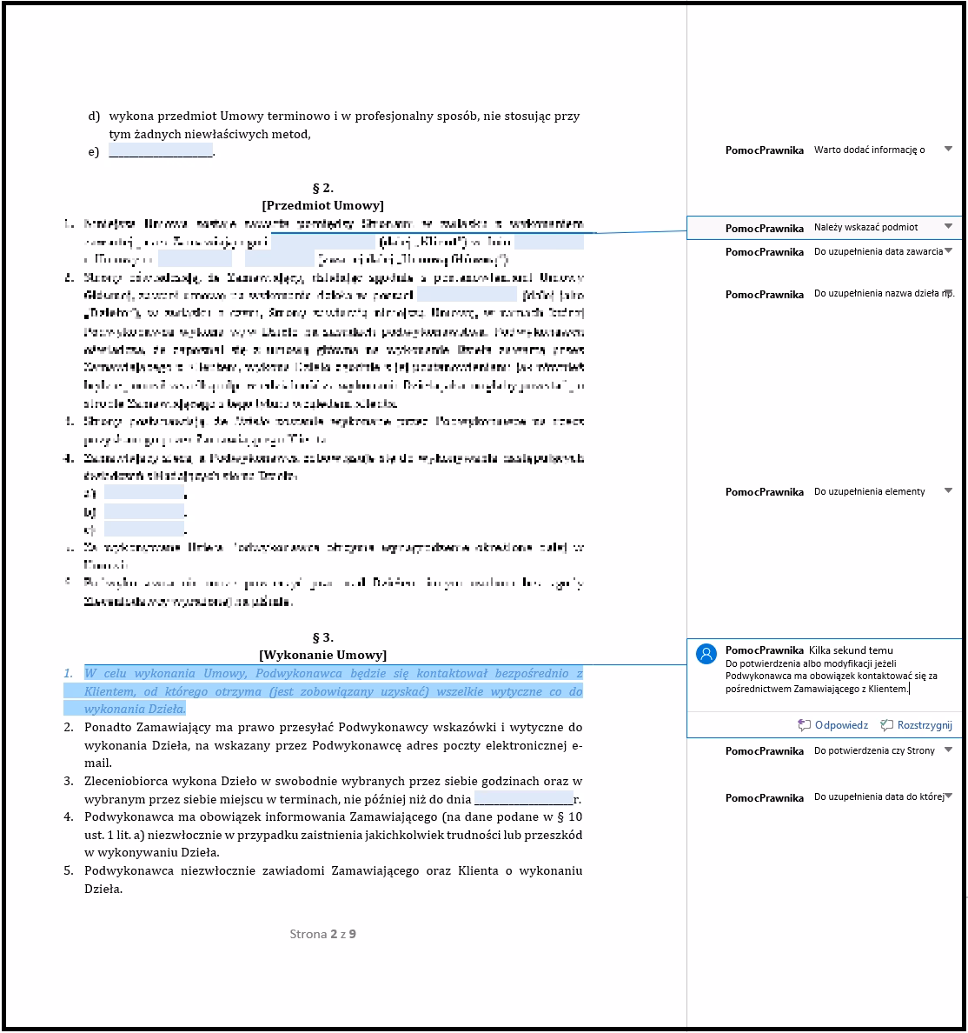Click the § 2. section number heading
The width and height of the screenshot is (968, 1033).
point(322,188)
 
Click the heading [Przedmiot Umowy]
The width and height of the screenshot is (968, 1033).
point(322,205)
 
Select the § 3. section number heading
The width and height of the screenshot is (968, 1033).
point(322,637)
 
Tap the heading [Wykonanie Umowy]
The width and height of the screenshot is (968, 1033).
point(322,655)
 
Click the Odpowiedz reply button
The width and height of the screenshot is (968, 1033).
point(833,725)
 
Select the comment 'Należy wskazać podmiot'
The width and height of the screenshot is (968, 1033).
point(865,227)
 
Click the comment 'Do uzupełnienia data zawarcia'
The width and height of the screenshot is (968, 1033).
point(878,251)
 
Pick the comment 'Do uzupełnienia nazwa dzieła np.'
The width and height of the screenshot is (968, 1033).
point(884,294)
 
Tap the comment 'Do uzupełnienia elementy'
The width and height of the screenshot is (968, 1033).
point(869,491)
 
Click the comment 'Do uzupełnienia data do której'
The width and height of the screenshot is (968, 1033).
point(878,797)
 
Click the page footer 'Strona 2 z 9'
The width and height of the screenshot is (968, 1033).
point(322,934)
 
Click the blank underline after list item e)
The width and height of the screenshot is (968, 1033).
point(161,152)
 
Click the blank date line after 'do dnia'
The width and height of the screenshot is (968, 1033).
point(524,800)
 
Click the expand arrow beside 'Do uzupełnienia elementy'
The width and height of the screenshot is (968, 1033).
point(948,491)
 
